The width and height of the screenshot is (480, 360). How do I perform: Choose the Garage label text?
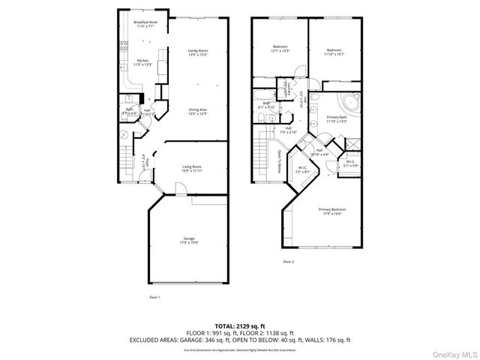coord(188,240)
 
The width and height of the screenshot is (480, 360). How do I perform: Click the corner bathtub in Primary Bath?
coord(348,102)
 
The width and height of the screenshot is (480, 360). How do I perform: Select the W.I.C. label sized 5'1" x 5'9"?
coord(350,163)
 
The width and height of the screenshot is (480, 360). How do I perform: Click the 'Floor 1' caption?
coord(154,298)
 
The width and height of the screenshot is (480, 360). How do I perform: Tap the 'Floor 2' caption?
coord(289,262)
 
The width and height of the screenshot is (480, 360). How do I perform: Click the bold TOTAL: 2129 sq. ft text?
coord(239,325)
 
